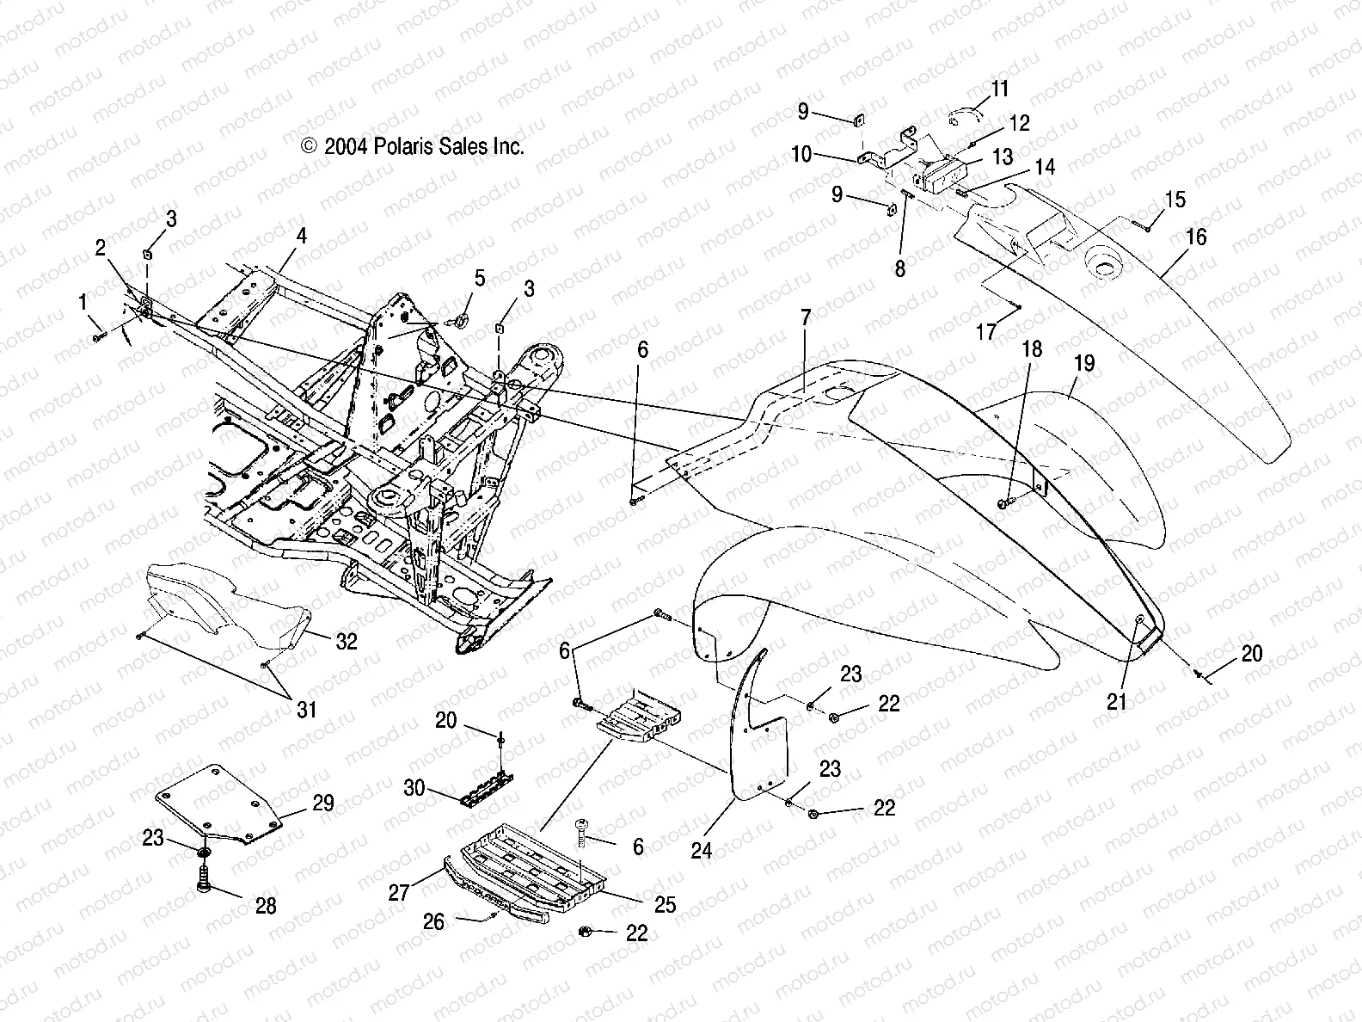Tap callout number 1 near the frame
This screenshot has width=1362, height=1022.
pos(83,302)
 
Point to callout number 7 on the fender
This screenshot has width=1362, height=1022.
pos(805,317)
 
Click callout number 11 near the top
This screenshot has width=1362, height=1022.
pos(999,89)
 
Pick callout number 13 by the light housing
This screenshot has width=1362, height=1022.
pos(1003,157)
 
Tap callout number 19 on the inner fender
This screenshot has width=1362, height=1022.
pos(1084,363)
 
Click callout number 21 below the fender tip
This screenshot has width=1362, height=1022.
pos(1116,702)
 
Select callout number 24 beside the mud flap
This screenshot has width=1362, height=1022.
pos(702,851)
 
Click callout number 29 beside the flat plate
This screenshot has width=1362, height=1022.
pos(323,803)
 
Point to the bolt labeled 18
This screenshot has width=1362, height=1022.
pos(1006,502)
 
